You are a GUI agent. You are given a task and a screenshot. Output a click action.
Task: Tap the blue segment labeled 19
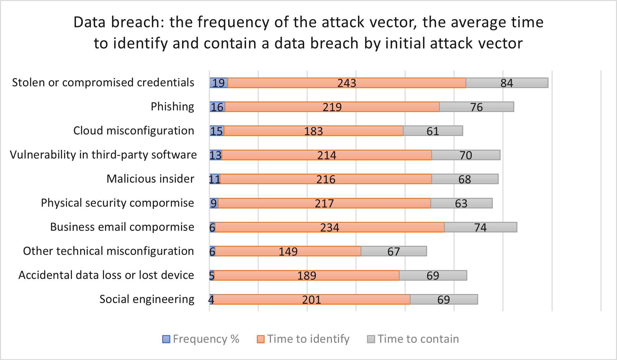[x=218, y=83]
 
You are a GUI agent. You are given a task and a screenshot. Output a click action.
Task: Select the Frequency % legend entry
[x=201, y=339]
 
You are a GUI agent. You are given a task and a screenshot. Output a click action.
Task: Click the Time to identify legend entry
[x=303, y=339]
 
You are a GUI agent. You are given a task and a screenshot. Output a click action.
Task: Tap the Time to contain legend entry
[x=413, y=339]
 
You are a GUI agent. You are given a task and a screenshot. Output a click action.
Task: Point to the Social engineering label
[x=147, y=299]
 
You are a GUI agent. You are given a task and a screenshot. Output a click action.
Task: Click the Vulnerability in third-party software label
[x=103, y=155]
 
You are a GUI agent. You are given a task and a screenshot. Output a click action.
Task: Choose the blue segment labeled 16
[x=217, y=107]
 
